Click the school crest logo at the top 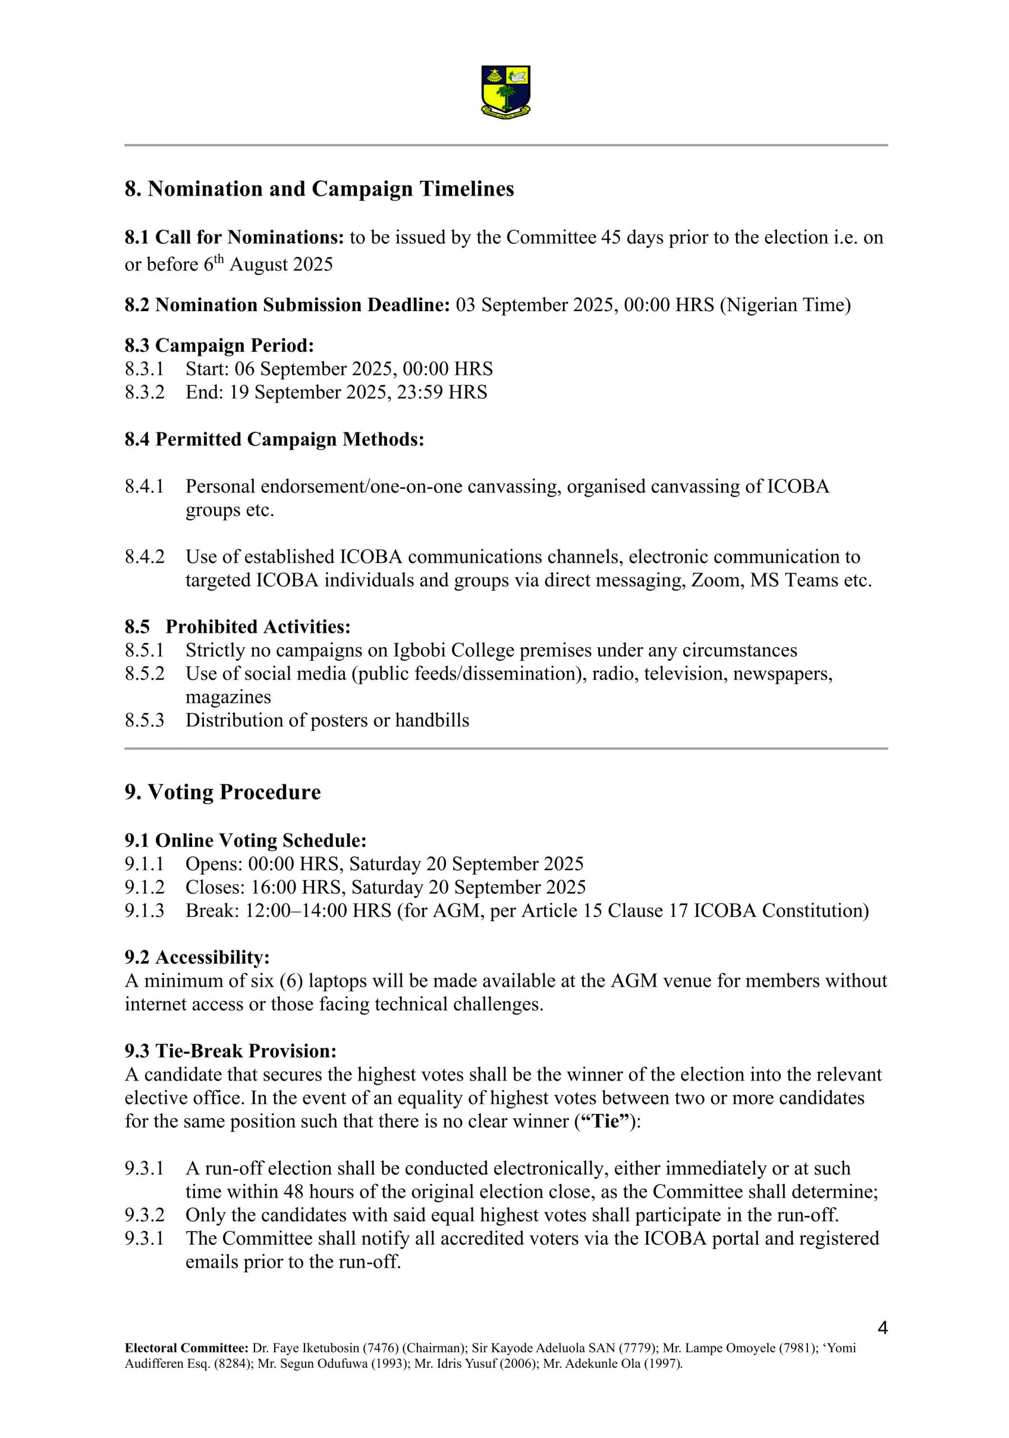coord(506,92)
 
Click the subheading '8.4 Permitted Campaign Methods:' coord(274,440)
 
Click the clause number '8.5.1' coord(144,650)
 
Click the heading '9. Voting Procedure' coord(222,792)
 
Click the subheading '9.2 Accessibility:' coord(197,958)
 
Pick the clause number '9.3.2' coord(144,1215)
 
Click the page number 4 coord(882,1328)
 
